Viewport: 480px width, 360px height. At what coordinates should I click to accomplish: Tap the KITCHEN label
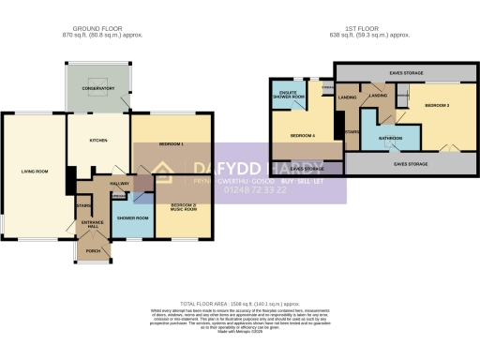pyautogui.click(x=97, y=140)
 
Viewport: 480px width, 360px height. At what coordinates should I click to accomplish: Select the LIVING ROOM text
pyautogui.click(x=35, y=172)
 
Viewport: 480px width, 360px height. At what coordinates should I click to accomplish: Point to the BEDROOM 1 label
pyautogui.click(x=171, y=144)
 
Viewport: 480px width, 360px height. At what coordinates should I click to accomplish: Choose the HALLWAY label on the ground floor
pyautogui.click(x=120, y=184)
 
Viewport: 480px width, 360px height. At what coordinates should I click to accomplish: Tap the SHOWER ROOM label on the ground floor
pyautogui.click(x=133, y=217)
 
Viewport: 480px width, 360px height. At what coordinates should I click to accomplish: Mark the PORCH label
pyautogui.click(x=92, y=250)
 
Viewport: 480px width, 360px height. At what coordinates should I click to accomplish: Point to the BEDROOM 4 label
pyautogui.click(x=301, y=137)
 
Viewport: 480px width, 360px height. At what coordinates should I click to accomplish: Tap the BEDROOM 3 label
pyautogui.click(x=437, y=106)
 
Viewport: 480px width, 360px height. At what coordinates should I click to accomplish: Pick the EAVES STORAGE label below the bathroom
pyautogui.click(x=404, y=164)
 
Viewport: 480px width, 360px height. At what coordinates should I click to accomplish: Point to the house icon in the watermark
pyautogui.click(x=165, y=172)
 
